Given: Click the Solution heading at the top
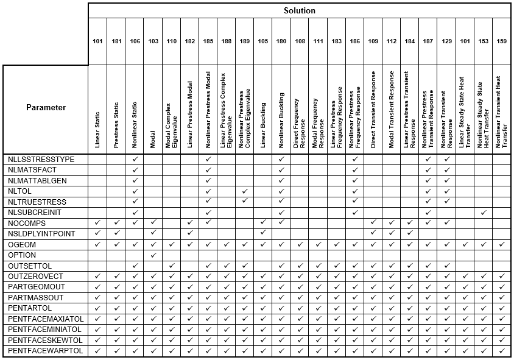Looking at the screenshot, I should click(x=299, y=10).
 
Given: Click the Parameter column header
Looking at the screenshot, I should click(x=46, y=108).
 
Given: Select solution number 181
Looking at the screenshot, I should click(x=116, y=41).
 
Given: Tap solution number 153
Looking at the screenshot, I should click(x=483, y=41).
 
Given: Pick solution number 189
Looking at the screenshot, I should click(x=245, y=41).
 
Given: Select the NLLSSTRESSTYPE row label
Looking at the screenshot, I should click(x=41, y=159).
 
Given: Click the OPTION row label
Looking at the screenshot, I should click(x=22, y=255).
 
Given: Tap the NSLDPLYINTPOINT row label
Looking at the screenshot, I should click(x=41, y=234).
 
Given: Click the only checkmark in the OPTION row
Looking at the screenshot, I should click(x=153, y=255).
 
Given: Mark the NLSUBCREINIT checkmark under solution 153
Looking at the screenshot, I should click(x=483, y=213).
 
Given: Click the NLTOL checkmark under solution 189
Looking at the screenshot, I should click(x=245, y=191).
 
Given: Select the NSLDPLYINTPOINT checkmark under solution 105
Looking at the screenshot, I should click(x=263, y=234).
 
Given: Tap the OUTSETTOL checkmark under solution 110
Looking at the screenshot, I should click(x=172, y=266).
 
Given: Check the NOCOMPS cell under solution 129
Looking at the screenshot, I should click(x=446, y=223).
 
